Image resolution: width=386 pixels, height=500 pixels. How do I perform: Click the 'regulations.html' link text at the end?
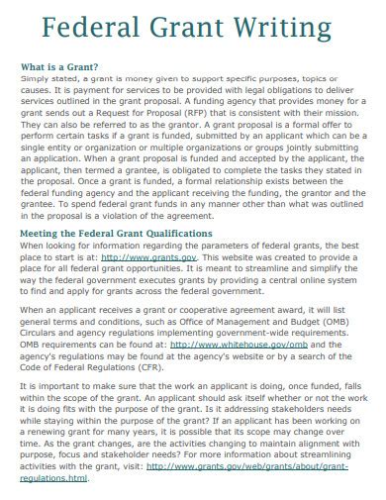54,477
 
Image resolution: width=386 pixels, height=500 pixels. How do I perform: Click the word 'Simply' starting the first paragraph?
35,77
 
